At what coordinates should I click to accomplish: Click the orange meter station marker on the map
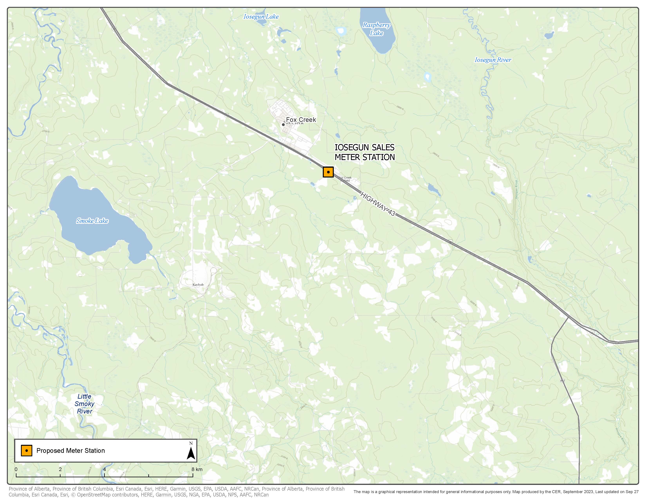(328, 172)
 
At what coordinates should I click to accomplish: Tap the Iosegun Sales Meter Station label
(365, 152)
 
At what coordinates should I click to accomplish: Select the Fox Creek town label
(301, 120)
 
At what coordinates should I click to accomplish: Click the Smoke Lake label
(92, 221)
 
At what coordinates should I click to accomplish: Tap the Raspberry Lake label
(376, 29)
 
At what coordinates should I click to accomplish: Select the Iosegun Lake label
(261, 17)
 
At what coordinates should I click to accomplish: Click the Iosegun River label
(493, 60)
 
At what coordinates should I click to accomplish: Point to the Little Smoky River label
(84, 404)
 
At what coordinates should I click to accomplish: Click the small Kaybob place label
(198, 285)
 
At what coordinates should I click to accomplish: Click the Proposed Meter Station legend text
(70, 450)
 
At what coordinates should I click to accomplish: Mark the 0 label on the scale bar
(16, 469)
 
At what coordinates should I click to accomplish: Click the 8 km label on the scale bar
(197, 469)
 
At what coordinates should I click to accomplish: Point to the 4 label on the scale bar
(104, 469)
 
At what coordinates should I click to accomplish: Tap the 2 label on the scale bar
(60, 469)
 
